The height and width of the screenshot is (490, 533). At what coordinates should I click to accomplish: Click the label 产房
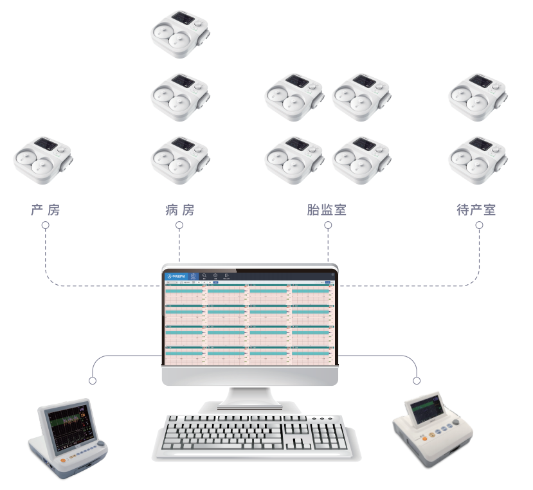coord(45,210)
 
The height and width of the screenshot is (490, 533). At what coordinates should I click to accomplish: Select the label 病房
coord(179,210)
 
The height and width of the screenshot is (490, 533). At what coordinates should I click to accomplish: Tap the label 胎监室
coord(327,210)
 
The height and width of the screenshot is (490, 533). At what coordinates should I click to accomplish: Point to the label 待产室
coord(476,210)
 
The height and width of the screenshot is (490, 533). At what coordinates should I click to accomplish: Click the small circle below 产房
coord(46,226)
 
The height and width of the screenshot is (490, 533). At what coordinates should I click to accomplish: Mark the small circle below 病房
coord(179,226)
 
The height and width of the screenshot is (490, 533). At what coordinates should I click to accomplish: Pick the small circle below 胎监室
coord(328,226)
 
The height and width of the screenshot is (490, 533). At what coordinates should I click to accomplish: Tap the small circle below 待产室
coord(479,226)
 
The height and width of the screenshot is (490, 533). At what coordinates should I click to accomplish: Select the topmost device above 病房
coord(180,34)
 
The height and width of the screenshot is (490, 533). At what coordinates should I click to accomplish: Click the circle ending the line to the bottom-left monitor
coord(93,381)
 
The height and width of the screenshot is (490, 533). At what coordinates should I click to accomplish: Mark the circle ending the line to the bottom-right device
coord(417,381)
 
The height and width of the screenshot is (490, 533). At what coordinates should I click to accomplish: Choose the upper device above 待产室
coord(478,94)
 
